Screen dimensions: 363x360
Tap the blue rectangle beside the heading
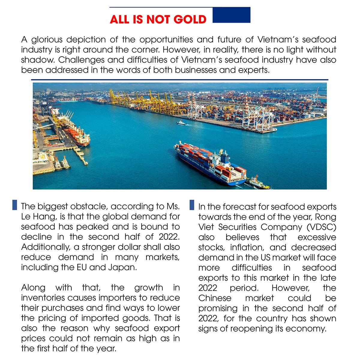tap(231, 15)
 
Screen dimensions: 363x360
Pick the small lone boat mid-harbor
tap(181, 123)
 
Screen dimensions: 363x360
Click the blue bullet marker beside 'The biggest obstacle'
tap(14, 205)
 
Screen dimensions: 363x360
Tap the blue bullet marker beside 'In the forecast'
tap(192, 205)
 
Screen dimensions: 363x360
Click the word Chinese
tap(215, 298)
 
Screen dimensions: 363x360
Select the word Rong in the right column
tap(325, 217)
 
